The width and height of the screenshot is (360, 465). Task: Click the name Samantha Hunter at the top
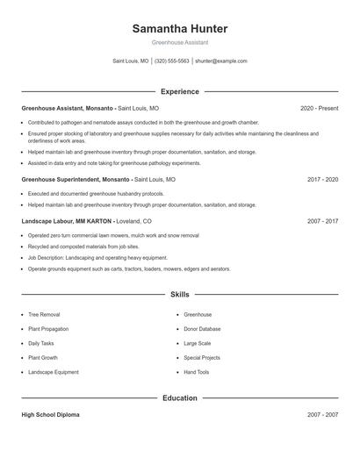click(x=179, y=29)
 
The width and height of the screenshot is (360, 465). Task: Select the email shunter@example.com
click(x=221, y=61)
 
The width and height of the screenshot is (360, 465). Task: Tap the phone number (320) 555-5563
click(x=172, y=61)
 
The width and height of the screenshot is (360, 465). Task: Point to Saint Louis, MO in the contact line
click(x=131, y=61)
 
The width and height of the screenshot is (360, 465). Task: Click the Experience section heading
click(x=179, y=91)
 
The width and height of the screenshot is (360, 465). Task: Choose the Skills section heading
click(x=179, y=295)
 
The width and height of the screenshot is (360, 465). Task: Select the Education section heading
click(x=179, y=397)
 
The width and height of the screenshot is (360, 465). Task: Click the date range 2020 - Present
click(x=319, y=108)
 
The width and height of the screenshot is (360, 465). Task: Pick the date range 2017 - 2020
click(x=322, y=179)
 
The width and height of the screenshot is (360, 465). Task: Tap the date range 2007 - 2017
click(x=322, y=222)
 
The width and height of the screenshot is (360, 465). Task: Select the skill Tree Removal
click(x=44, y=314)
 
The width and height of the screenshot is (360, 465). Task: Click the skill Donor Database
click(x=202, y=329)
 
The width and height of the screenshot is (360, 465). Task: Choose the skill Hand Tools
click(x=197, y=372)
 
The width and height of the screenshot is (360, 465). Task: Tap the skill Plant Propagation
click(x=48, y=329)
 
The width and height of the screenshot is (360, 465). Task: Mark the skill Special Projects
click(x=202, y=358)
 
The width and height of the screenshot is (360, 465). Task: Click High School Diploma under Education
click(x=50, y=415)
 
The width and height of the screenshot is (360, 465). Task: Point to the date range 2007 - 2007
click(x=322, y=415)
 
